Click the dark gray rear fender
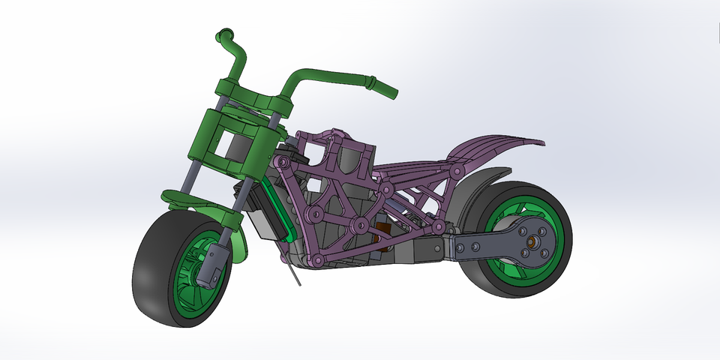coord(480,187)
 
